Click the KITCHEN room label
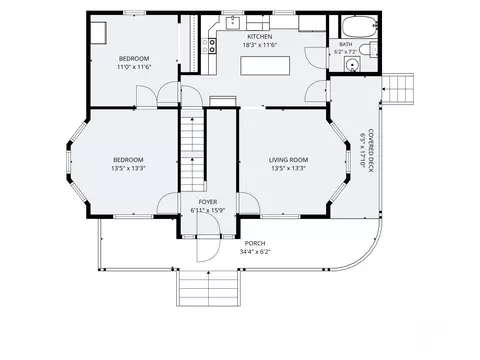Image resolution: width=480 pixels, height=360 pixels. point(259,37)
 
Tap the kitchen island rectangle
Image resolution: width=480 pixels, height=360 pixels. point(265,66)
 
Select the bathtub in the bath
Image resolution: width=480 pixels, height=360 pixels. point(360,27)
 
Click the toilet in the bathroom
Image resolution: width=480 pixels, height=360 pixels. point(369,50)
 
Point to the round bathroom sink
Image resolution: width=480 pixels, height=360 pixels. point(352,64)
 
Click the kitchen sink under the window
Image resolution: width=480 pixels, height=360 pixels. point(233,23)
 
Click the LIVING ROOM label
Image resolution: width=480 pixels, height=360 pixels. point(288,160)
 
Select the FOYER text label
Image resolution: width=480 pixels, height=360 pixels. point(208,202)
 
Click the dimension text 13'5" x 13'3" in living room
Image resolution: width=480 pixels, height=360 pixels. point(288,168)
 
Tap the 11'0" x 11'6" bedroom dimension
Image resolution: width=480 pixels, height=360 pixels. point(134,67)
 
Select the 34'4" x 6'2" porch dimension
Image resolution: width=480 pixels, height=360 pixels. point(255,252)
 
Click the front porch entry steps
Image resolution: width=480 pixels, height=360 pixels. point(209,287)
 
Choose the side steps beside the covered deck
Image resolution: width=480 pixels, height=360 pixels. point(398,89)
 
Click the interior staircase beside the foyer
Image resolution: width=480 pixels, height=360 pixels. point(192,150)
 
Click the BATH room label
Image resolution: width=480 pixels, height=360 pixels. point(346,44)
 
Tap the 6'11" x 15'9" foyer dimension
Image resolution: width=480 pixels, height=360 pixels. point(208,210)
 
